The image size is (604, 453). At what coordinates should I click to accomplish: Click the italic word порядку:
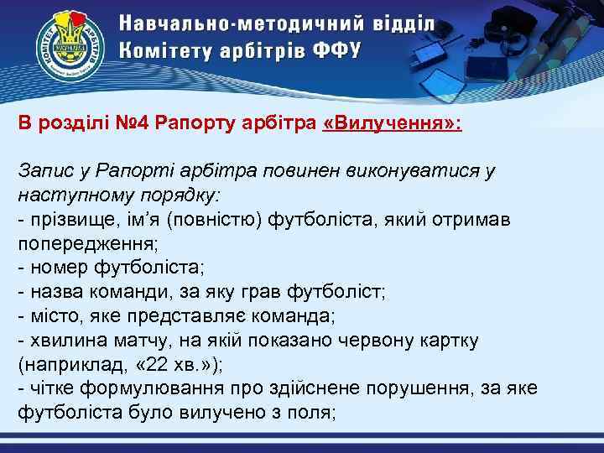point(177,195)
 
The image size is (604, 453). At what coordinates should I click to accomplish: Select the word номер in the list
point(55,268)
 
